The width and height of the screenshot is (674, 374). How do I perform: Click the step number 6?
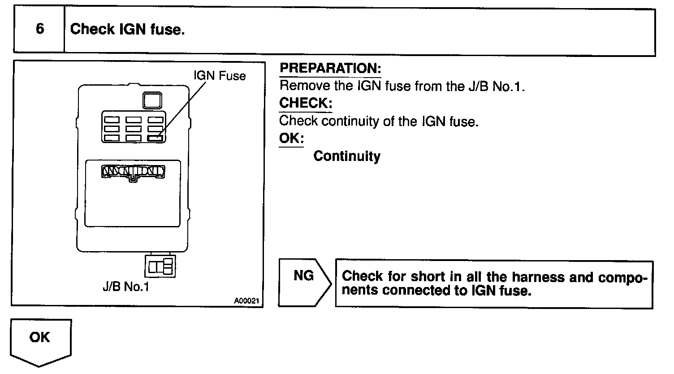click(39, 30)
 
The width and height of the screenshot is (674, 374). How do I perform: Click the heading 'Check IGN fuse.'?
click(128, 30)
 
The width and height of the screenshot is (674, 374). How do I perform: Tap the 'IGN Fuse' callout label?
click(220, 76)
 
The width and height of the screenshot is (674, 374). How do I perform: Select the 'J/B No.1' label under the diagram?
click(126, 287)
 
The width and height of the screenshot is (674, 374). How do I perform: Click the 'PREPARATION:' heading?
click(330, 69)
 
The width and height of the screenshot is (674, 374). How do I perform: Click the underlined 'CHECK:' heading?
click(306, 103)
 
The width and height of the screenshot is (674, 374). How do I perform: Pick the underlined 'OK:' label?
click(291, 138)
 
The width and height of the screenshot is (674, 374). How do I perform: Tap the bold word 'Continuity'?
click(347, 156)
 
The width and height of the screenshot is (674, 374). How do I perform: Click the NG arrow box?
click(304, 283)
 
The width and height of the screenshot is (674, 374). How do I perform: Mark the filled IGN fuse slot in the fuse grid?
click(156, 138)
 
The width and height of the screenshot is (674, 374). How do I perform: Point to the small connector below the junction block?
click(160, 267)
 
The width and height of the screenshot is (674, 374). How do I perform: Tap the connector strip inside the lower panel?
click(134, 172)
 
